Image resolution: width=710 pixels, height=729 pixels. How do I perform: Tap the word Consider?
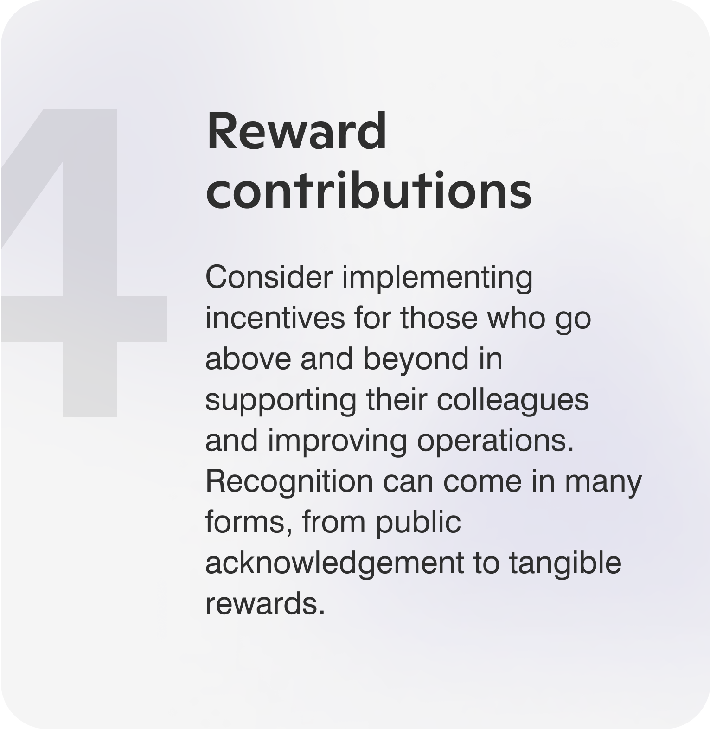[269, 277]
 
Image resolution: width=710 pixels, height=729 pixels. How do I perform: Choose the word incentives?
[275, 318]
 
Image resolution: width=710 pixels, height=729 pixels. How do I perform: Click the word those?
[439, 318]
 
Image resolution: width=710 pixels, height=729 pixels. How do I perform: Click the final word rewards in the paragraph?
[265, 604]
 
